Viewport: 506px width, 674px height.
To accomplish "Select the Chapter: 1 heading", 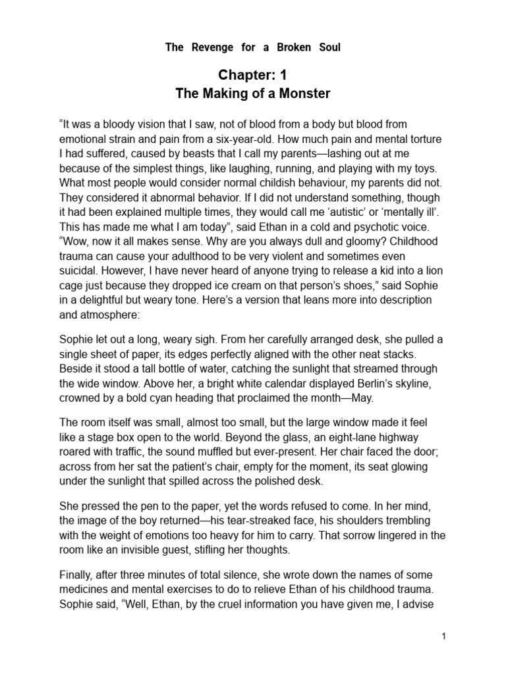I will (x=252, y=76).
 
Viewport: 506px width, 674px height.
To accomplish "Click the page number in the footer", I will (x=445, y=636).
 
